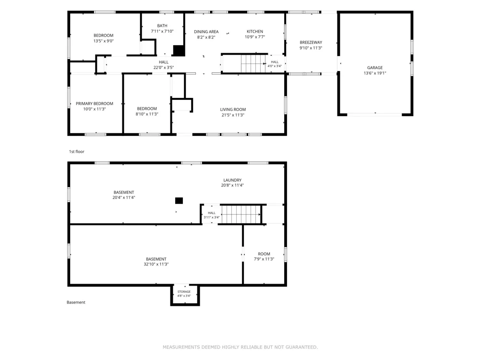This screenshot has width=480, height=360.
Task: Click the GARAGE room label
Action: click(375, 68)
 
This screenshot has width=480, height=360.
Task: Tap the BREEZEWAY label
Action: click(311, 43)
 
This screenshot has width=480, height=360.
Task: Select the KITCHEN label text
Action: click(255, 32)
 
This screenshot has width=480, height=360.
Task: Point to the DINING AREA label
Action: click(206, 32)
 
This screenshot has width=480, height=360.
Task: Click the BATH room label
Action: click(162, 26)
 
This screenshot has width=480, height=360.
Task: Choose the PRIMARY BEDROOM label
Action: click(94, 104)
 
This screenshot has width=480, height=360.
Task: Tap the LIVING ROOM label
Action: click(233, 109)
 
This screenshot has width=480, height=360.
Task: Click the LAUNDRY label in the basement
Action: click(232, 180)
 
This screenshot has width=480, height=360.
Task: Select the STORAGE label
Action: click(184, 292)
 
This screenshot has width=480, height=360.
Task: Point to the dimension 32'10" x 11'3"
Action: click(156, 264)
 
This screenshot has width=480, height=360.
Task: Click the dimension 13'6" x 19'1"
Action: click(375, 73)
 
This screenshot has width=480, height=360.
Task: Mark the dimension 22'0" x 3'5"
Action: click(164, 68)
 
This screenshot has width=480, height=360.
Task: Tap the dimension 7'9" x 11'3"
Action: click(264, 259)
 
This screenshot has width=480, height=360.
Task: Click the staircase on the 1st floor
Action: click(253, 64)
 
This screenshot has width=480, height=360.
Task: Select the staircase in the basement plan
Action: click(241, 215)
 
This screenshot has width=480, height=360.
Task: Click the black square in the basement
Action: click(179, 201)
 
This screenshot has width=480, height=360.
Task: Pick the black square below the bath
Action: click(179, 51)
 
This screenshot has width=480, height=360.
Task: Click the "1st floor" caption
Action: click(76, 152)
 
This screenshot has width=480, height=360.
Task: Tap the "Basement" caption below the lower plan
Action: click(76, 302)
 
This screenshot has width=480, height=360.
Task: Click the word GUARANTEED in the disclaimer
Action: click(301, 347)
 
